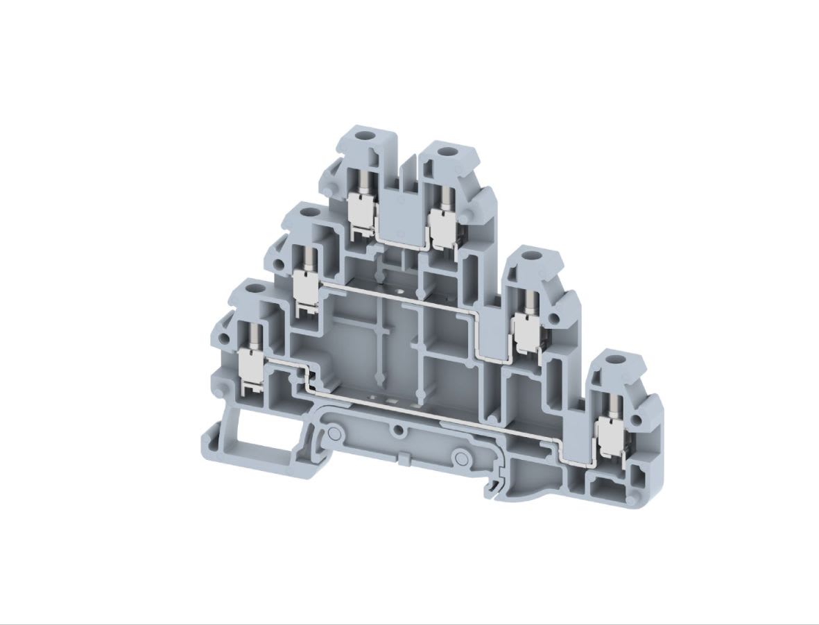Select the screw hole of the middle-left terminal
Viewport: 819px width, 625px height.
click(x=308, y=212)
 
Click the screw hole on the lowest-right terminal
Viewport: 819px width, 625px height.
click(x=612, y=362)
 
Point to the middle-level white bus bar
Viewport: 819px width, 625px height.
click(x=402, y=296)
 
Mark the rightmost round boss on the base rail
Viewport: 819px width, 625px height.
click(x=458, y=458)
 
